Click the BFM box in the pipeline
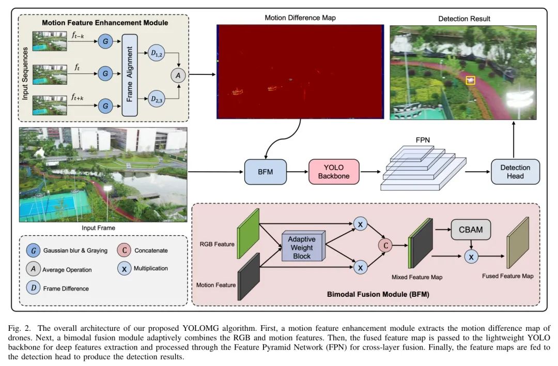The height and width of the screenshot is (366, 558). point(265,172)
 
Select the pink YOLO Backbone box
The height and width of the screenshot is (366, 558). point(333,172)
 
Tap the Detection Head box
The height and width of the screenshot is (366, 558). point(515,172)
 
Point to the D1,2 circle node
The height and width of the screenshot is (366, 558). point(156,53)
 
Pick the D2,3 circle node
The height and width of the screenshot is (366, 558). point(156,98)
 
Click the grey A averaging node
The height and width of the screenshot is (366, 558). point(179,75)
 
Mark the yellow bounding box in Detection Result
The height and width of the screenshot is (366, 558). point(470,80)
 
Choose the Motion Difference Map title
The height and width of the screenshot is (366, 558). point(300,18)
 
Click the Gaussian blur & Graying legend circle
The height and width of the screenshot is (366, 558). point(34,250)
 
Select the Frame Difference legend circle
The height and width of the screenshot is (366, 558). point(34,288)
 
